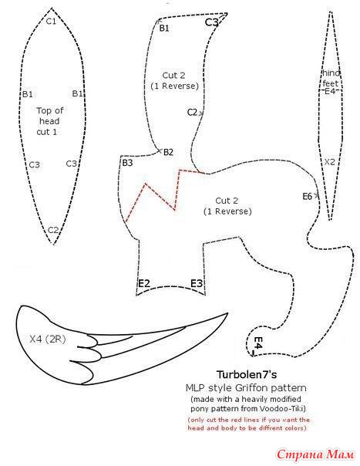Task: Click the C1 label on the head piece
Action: coord(51,21)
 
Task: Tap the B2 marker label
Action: coord(168,152)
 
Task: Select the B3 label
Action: coord(127,163)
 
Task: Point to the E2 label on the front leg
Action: coord(144,283)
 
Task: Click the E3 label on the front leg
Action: coord(197,283)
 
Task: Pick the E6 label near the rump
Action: coord(308,197)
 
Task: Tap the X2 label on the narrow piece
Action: coord(329,162)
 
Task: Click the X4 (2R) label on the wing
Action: coord(48,339)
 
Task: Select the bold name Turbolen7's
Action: coord(246,374)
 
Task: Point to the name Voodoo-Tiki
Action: coord(281,409)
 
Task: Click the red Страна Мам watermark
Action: coord(316,454)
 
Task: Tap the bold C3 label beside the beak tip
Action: coord(211,22)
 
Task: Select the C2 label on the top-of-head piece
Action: coord(53,230)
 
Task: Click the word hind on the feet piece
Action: coord(331,73)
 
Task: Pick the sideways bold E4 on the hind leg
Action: coord(258,343)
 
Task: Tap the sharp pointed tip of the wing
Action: coord(227,313)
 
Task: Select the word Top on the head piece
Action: coord(44,111)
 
